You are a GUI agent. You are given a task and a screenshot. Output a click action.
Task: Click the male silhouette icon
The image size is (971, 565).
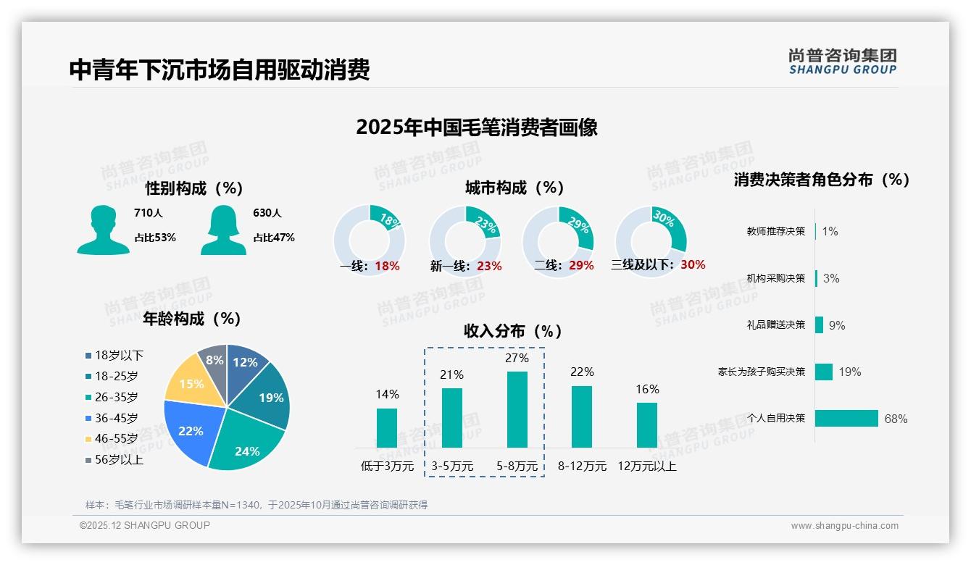103,230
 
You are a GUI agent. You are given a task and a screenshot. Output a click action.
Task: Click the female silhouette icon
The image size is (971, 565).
223,230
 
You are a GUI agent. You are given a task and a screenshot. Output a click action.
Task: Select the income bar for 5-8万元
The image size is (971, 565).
517,409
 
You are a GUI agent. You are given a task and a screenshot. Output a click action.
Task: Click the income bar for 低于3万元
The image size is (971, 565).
387,427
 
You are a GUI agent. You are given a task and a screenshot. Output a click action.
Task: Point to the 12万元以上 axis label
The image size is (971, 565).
646,466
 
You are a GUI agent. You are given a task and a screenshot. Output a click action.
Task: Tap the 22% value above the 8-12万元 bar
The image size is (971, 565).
581,372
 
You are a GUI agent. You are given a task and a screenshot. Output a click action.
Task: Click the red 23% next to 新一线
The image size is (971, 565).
489,266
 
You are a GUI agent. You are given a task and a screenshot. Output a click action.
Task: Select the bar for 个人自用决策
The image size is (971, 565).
846,419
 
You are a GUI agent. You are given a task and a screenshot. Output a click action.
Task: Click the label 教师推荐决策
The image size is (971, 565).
775,231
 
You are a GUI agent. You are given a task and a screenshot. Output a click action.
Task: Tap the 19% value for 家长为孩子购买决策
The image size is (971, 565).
849,372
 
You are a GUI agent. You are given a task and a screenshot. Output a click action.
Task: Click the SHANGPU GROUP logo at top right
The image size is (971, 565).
842,62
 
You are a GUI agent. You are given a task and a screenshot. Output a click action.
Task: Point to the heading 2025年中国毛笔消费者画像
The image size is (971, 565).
476,127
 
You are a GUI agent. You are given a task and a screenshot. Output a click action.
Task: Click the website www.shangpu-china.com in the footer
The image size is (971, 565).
844,526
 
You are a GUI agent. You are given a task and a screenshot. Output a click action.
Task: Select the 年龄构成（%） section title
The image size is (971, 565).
192,319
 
